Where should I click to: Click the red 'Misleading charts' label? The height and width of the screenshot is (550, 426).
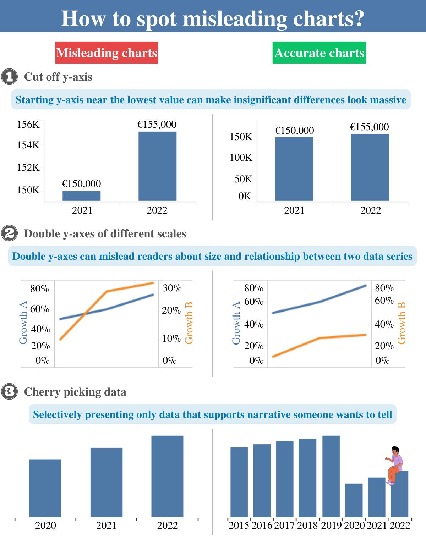click(106, 53)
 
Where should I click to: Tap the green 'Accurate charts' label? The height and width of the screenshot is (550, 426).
click(319, 53)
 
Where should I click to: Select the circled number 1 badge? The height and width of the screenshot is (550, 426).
click(9, 77)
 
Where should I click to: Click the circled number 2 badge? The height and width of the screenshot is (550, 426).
click(9, 233)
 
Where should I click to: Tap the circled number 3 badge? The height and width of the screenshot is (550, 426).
click(9, 392)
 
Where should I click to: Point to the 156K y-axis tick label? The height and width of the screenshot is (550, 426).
click(28, 125)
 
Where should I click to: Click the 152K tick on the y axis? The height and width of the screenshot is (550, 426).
click(28, 167)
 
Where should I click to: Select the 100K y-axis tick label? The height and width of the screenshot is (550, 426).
click(241, 157)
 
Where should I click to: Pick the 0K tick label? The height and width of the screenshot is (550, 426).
click(245, 196)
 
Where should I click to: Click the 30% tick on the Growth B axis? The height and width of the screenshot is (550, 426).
click(172, 288)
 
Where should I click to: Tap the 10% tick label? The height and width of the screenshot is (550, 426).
click(171, 339)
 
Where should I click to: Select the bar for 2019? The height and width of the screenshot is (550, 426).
click(331, 476)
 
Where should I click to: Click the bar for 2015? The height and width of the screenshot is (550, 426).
click(239, 482)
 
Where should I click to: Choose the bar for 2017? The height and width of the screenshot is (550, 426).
click(285, 479)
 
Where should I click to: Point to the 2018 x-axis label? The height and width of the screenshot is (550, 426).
click(307, 525)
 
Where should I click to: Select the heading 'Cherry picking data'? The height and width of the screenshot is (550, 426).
click(75, 392)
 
